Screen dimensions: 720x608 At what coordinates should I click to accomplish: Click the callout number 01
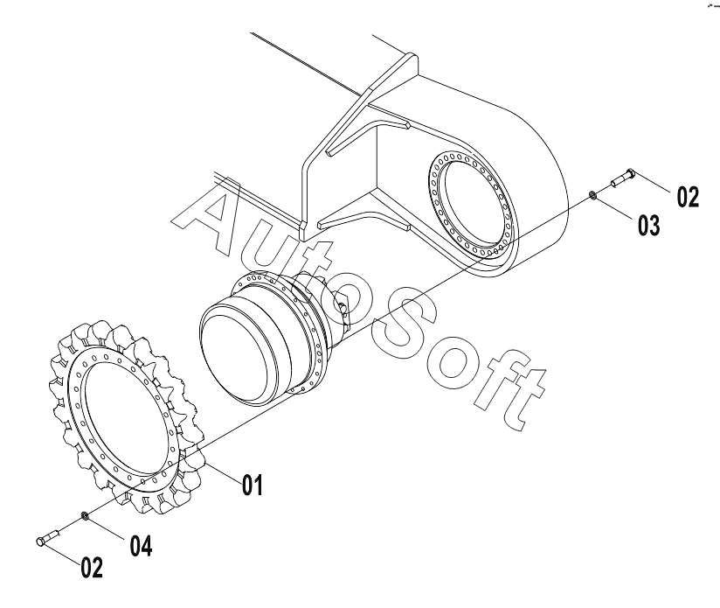tap(252, 484)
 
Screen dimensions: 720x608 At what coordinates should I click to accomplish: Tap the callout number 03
tap(647, 225)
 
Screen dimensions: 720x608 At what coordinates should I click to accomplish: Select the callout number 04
tap(141, 546)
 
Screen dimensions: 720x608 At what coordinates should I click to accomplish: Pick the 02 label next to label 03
tap(687, 197)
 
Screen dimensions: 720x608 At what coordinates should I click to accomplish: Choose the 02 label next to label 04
tap(91, 569)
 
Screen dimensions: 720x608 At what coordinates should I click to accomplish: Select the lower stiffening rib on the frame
tap(358, 213)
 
